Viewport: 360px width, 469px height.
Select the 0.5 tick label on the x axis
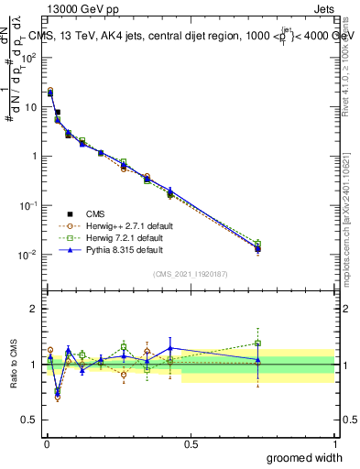pos(191,442)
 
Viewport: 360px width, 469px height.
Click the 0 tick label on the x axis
pos(46,442)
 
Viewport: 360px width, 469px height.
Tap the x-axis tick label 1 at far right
pos(334,442)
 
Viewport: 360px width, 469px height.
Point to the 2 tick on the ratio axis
pos(33,309)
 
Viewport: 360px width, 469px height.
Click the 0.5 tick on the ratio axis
pos(30,420)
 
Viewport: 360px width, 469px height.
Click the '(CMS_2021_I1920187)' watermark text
pos(190,274)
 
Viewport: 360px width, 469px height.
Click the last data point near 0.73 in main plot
pos(257,248)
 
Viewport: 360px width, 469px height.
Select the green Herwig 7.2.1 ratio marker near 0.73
pos(257,344)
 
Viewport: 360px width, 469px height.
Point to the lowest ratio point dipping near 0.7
pos(58,397)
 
